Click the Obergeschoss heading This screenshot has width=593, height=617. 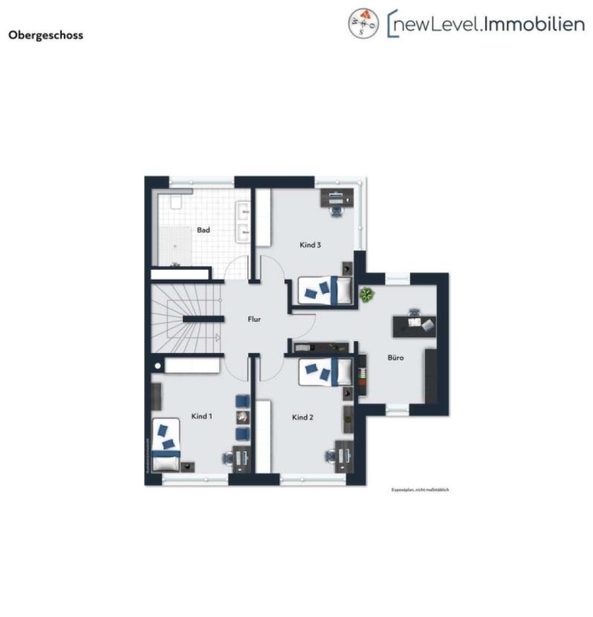pyautogui.click(x=45, y=35)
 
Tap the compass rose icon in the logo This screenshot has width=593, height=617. pyautogui.click(x=363, y=24)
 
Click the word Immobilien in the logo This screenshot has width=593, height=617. pyautogui.click(x=533, y=24)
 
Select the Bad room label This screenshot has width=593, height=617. pyautogui.click(x=203, y=230)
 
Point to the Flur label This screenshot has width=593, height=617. pyautogui.click(x=255, y=320)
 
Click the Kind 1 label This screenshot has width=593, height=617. pyautogui.click(x=201, y=416)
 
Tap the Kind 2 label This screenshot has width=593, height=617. pyautogui.click(x=302, y=418)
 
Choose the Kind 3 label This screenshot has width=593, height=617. pyautogui.click(x=310, y=245)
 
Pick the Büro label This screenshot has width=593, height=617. pyautogui.click(x=395, y=358)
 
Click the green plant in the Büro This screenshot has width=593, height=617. pyautogui.click(x=367, y=295)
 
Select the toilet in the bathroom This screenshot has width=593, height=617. pyautogui.click(x=175, y=201)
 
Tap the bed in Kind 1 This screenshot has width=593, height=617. pyautogui.click(x=166, y=444)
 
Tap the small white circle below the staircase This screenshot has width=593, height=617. pyautogui.click(x=158, y=366)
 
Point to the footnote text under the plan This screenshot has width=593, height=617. pyautogui.click(x=421, y=490)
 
